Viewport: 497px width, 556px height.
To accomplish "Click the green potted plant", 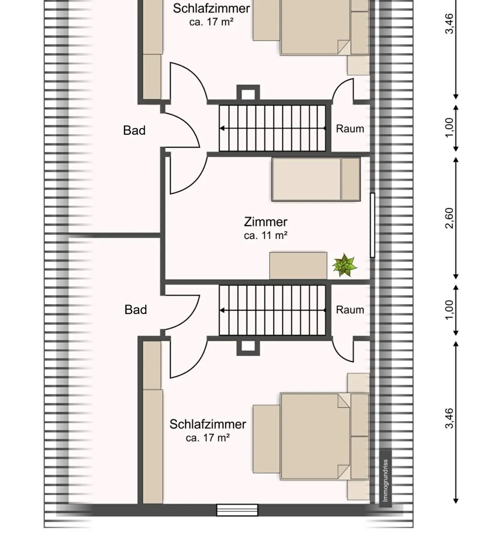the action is click(344, 265).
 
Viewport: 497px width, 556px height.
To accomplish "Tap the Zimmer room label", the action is click(265, 222).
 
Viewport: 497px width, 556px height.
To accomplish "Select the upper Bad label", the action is click(134, 131).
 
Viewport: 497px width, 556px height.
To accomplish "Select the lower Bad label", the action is click(136, 310).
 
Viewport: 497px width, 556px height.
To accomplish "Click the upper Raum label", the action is click(350, 129).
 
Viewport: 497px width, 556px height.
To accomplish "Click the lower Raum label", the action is click(350, 310).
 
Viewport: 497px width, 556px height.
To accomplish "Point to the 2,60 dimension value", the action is click(449, 218).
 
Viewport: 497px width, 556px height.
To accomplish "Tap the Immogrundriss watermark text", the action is click(385, 480).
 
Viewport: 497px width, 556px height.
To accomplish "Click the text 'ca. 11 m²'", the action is click(265, 235).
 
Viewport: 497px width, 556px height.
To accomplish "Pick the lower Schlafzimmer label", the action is click(208, 424).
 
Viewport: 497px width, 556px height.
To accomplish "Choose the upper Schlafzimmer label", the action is click(211, 8).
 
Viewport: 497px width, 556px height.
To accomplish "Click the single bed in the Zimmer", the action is click(316, 179).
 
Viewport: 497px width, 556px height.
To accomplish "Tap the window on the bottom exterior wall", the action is click(237, 510).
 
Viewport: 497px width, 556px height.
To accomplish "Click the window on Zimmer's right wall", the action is click(372, 225).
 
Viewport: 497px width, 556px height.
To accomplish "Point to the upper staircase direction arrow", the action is click(273, 128).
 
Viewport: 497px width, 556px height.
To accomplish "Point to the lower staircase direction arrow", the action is click(273, 310).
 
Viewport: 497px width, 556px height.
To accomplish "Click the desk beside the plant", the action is click(298, 266).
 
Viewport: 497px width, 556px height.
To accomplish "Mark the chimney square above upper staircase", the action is click(248, 94).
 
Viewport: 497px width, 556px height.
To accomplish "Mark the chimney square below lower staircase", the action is click(248, 347).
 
